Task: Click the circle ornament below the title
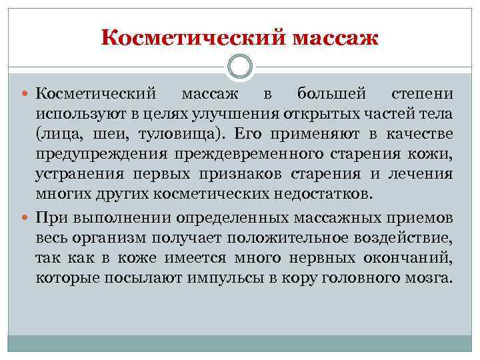[x=240, y=66]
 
